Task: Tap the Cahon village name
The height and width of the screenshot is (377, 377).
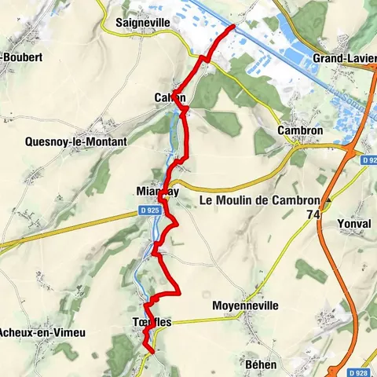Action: pos(170,97)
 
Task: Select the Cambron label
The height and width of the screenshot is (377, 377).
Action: pos(301,130)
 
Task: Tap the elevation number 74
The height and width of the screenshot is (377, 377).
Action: pos(314,214)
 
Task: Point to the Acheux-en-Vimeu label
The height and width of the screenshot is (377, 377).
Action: pos(42,332)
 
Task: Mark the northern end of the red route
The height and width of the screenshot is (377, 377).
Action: pos(233,27)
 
